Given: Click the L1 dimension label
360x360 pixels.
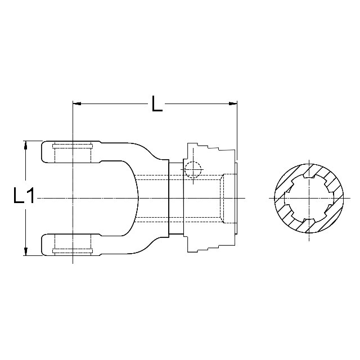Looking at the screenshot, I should pyautogui.click(x=24, y=196).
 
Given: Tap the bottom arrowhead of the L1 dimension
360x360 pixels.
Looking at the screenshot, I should pyautogui.click(x=25, y=250).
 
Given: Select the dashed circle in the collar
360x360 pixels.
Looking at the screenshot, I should pyautogui.click(x=192, y=169).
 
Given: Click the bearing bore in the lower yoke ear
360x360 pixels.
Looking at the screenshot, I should pyautogui.click(x=72, y=244).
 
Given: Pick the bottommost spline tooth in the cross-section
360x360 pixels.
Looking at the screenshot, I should pyautogui.click(x=308, y=219).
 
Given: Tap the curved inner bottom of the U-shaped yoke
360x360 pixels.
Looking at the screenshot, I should pyautogui.click(x=136, y=197).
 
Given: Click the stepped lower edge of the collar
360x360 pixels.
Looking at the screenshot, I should pyautogui.click(x=211, y=248).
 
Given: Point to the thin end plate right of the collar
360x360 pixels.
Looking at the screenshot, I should pyautogui.click(x=236, y=197).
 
